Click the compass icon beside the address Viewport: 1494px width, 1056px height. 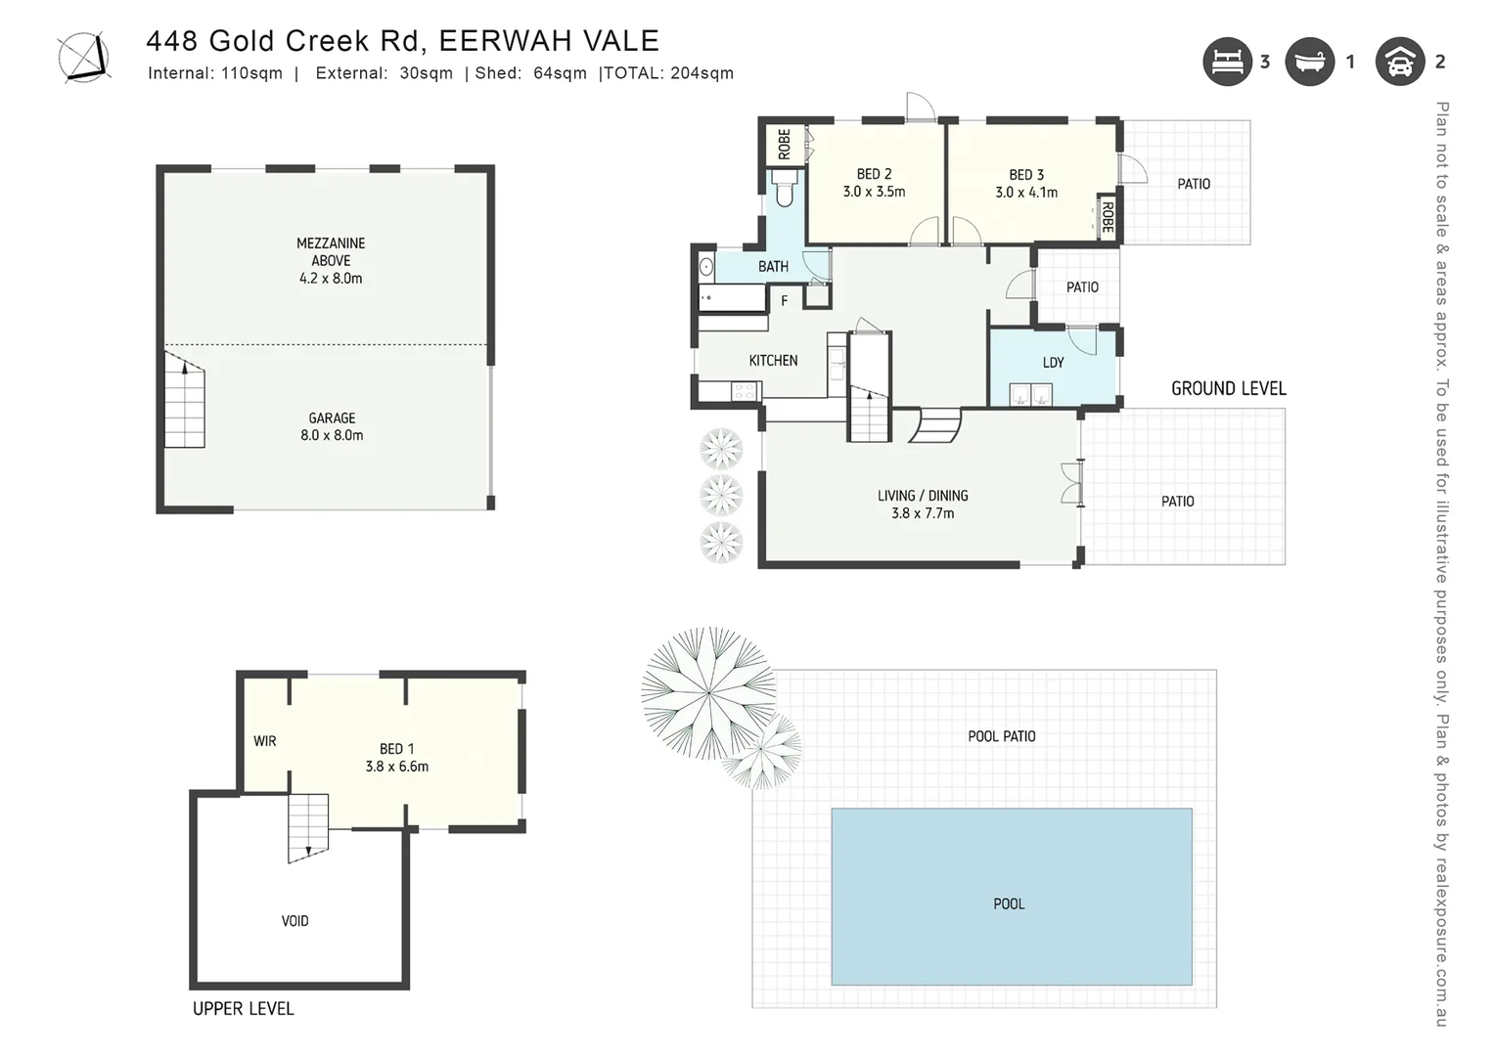(x=83, y=57)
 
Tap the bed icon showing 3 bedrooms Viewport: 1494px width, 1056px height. (x=1227, y=62)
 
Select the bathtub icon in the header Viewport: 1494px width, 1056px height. (x=1309, y=62)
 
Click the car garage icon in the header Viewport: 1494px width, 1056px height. (x=1400, y=62)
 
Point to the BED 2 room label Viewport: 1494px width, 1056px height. (x=874, y=174)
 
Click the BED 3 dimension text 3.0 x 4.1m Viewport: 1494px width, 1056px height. (x=1026, y=193)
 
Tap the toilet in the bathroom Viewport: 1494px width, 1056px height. (x=785, y=190)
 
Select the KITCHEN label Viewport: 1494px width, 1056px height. (x=773, y=361)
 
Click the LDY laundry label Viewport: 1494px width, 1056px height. (x=1053, y=363)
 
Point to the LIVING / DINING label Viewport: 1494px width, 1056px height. (x=922, y=496)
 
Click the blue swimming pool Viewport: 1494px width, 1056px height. (x=1011, y=896)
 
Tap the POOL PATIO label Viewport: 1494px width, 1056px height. (x=1001, y=736)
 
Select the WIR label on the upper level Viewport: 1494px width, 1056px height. (x=265, y=741)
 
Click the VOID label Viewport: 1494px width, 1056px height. (x=294, y=921)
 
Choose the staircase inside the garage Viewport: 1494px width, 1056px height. (x=184, y=402)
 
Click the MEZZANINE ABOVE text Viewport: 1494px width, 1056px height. (x=331, y=251)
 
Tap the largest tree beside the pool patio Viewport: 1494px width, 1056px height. (x=707, y=693)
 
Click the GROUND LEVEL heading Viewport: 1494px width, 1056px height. (x=1228, y=389)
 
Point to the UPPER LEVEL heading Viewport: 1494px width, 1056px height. (x=243, y=1009)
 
